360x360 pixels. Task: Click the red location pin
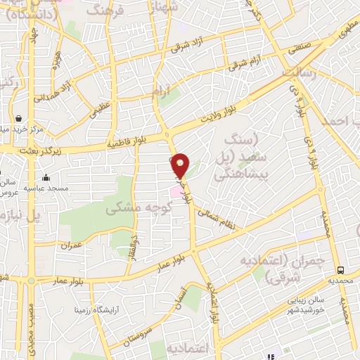tap(181, 166)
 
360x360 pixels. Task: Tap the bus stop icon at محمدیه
tap(340, 270)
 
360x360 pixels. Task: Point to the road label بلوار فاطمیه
tap(124, 143)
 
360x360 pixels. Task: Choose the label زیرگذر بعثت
tap(31, 150)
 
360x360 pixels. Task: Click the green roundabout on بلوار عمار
tap(30, 281)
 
